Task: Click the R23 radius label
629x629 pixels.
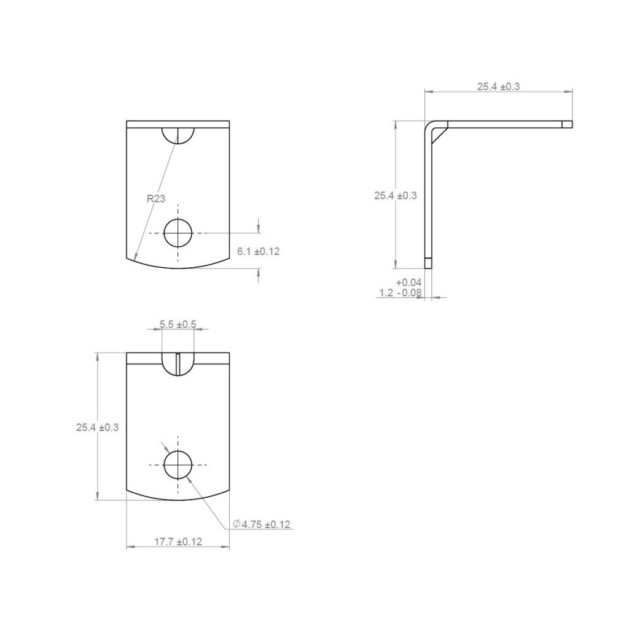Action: [155, 198]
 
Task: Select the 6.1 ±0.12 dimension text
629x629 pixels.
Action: [259, 251]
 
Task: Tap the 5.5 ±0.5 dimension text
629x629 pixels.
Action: [178, 324]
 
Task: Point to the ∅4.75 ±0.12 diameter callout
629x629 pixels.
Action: [262, 525]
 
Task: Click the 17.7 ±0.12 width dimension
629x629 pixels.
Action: [178, 542]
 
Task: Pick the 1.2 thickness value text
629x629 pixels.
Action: [386, 293]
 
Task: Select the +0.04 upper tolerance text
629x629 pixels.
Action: [408, 283]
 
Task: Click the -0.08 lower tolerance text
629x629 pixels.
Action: [410, 293]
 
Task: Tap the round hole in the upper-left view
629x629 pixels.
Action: [178, 233]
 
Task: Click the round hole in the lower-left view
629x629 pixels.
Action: [178, 464]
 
